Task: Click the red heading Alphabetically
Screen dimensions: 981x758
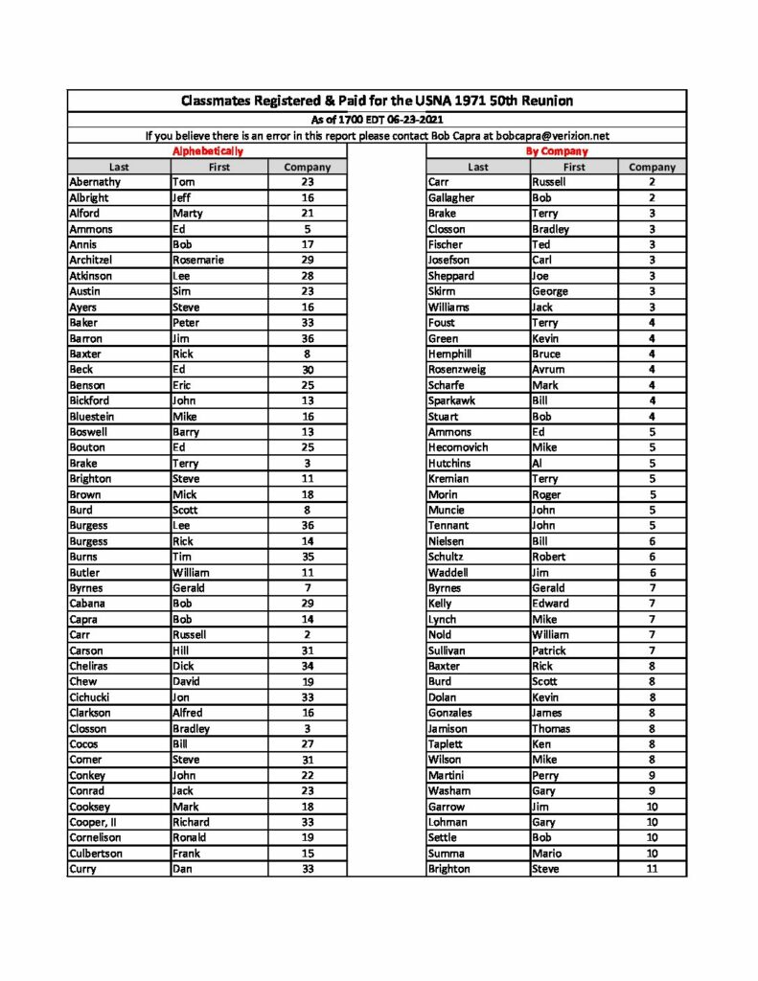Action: point(207,151)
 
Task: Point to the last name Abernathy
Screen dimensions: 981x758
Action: point(95,182)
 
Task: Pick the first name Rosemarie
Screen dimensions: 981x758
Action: point(197,260)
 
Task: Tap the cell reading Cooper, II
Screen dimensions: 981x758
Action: point(92,822)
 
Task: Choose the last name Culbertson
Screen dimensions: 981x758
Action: point(96,854)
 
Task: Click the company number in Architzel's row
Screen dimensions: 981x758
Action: point(308,260)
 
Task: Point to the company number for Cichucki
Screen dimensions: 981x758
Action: point(308,697)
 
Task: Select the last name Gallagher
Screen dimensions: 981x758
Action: point(451,197)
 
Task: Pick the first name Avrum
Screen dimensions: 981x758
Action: point(548,370)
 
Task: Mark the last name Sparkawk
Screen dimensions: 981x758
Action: point(452,400)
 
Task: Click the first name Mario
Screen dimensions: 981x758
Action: point(547,854)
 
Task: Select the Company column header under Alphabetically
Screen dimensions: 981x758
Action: point(308,167)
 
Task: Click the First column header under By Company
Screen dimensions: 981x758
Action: point(574,167)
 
